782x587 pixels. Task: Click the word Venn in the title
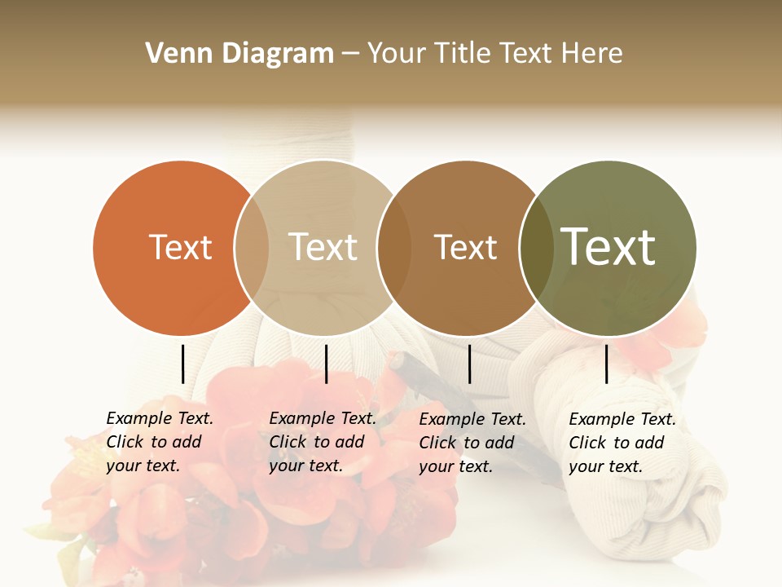[169, 54]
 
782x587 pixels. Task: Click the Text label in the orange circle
[180, 247]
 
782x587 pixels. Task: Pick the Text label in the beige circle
[323, 247]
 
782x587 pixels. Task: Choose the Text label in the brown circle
[465, 247]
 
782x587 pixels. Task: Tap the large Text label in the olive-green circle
[608, 247]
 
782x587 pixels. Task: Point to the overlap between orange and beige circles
[252, 248]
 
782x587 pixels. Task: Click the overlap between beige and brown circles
[393, 248]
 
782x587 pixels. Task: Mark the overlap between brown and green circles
[536, 248]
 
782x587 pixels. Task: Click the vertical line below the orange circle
[182, 364]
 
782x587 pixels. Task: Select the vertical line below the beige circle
[326, 364]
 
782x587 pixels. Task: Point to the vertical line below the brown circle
[469, 364]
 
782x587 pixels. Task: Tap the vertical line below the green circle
[606, 364]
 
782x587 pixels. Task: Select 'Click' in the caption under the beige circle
[287, 442]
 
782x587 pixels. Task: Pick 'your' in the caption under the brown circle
[437, 466]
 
